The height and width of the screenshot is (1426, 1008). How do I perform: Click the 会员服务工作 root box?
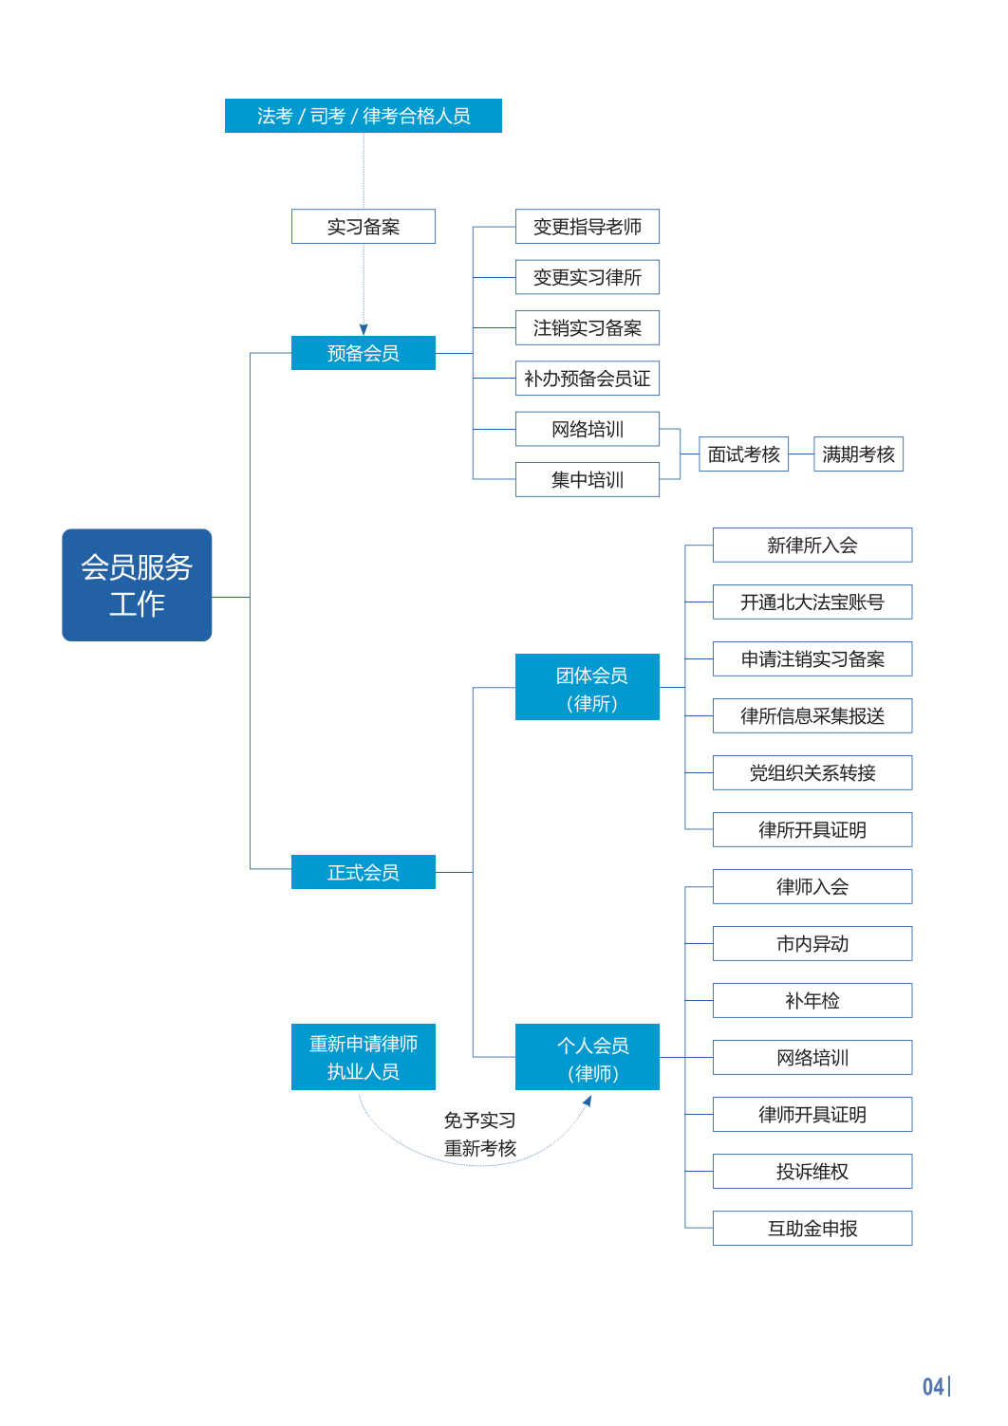coord(137,584)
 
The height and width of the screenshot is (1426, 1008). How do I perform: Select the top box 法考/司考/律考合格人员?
coord(363,116)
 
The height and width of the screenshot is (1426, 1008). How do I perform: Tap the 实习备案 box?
coord(363,227)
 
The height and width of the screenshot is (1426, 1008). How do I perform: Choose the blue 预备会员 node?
coord(363,353)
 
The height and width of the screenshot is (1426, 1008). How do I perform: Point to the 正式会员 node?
coord(363,872)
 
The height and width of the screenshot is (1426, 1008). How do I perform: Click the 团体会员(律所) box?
coord(587,688)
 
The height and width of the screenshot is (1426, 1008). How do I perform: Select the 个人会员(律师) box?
coord(587,1057)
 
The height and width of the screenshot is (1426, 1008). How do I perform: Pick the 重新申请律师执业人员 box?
coord(363,1057)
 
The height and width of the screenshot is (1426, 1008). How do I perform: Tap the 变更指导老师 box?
coord(587,227)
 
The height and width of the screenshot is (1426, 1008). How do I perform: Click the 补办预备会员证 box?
coord(587,379)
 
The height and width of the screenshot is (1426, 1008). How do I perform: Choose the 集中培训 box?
coord(587,480)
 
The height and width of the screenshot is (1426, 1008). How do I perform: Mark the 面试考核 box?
coord(743,454)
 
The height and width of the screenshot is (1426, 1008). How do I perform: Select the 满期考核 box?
coord(858,454)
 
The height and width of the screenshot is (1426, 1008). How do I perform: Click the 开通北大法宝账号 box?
coord(812,602)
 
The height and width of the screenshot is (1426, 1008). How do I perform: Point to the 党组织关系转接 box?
coord(812,773)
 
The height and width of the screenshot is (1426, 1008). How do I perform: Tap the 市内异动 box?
coord(812,944)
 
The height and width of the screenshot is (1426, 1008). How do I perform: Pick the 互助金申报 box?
coord(812,1229)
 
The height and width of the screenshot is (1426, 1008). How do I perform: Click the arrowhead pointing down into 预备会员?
coord(364,329)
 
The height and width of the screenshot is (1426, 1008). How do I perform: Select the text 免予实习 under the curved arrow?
coord(479,1120)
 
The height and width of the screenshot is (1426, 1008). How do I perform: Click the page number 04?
coord(933,1387)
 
